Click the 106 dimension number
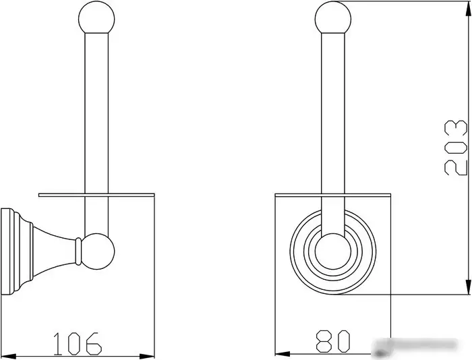tap(78, 344)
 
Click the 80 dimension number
tap(333, 341)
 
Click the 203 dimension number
tap(455, 148)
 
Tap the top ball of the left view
tap(96, 18)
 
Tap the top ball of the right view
tap(333, 18)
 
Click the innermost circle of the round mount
tap(333, 251)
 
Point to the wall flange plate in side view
tap(7, 251)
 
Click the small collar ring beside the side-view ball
tap(78, 251)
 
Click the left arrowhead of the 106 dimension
tap(8, 356)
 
